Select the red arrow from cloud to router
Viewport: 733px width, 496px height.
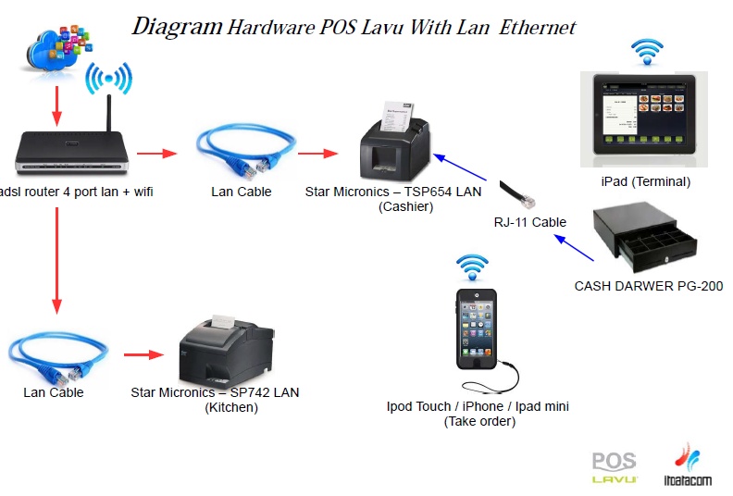tap(56, 105)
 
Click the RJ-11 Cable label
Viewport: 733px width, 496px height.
tap(529, 222)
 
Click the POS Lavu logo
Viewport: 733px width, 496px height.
tap(615, 468)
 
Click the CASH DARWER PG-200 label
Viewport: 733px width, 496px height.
tap(649, 286)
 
